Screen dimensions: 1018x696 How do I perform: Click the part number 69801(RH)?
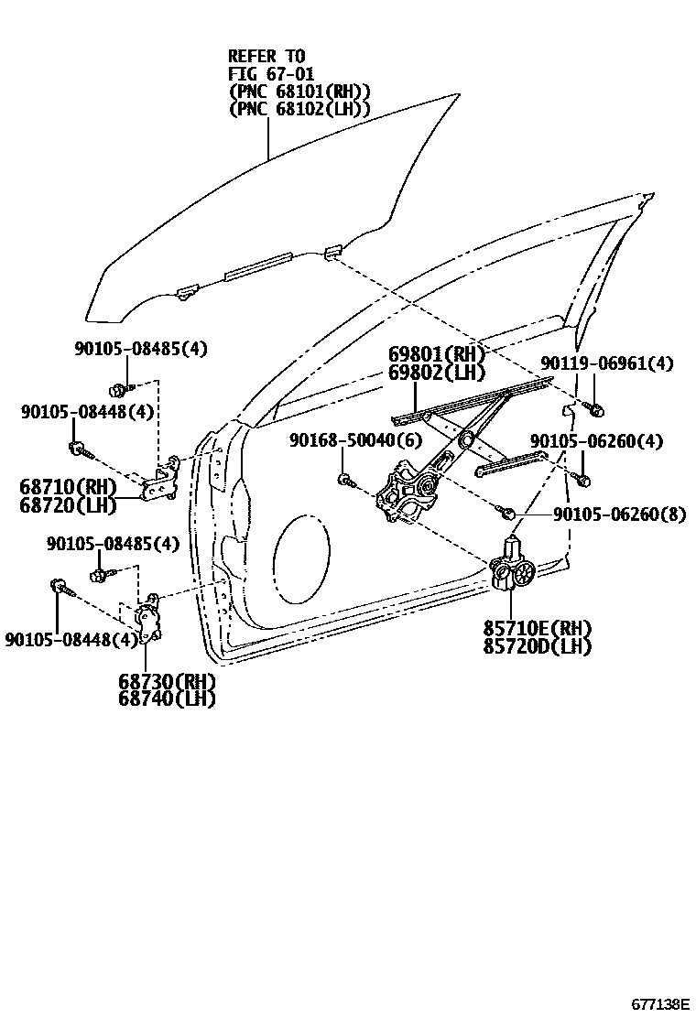pyautogui.click(x=437, y=354)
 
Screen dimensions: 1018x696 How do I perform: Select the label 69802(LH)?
pyautogui.click(x=437, y=373)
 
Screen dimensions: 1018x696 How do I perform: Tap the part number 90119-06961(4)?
pyautogui.click(x=606, y=363)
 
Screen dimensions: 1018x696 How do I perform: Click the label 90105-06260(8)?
pyautogui.click(x=618, y=514)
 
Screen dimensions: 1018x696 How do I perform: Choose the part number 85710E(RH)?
pyautogui.click(x=538, y=628)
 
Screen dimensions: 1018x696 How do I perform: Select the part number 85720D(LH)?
pyautogui.click(x=538, y=646)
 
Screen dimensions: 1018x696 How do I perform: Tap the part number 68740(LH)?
pyautogui.click(x=166, y=699)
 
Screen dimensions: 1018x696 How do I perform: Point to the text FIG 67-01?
pyautogui.click(x=271, y=73)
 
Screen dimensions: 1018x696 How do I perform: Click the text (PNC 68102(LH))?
pyautogui.click(x=299, y=108)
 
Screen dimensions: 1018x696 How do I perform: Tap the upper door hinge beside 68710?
pyautogui.click(x=166, y=482)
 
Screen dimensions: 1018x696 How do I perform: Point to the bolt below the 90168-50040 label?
pyautogui.click(x=344, y=478)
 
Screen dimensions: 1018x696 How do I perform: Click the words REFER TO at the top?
pyautogui.click(x=266, y=56)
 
